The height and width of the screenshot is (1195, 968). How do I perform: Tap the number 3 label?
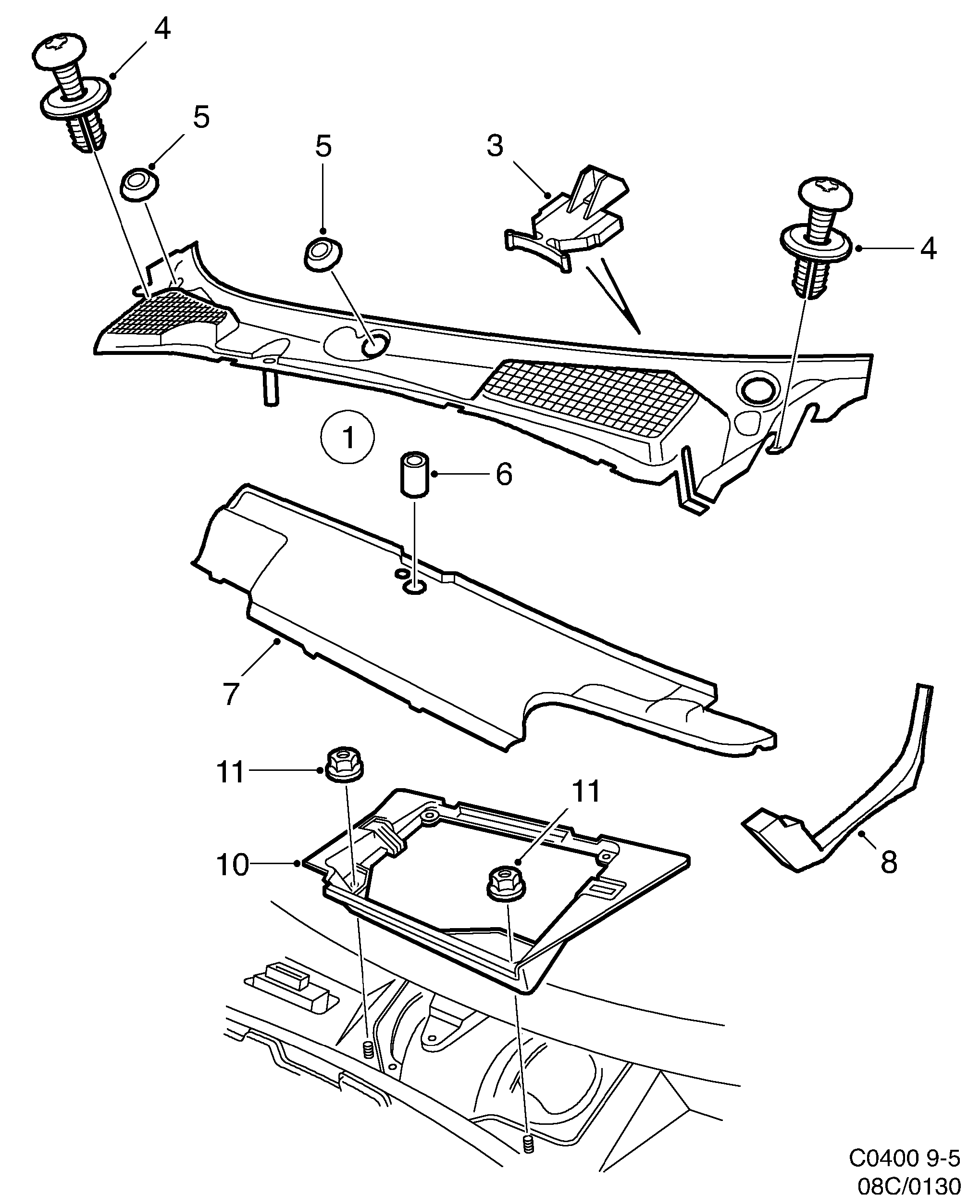point(495,147)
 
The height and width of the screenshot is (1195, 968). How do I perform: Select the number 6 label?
point(504,475)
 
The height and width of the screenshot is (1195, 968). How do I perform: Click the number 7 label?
point(230,693)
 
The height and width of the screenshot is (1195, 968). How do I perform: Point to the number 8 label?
point(888,862)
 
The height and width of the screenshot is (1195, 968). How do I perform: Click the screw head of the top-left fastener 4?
point(59,50)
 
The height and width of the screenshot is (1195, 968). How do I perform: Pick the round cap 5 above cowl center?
point(323,254)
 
